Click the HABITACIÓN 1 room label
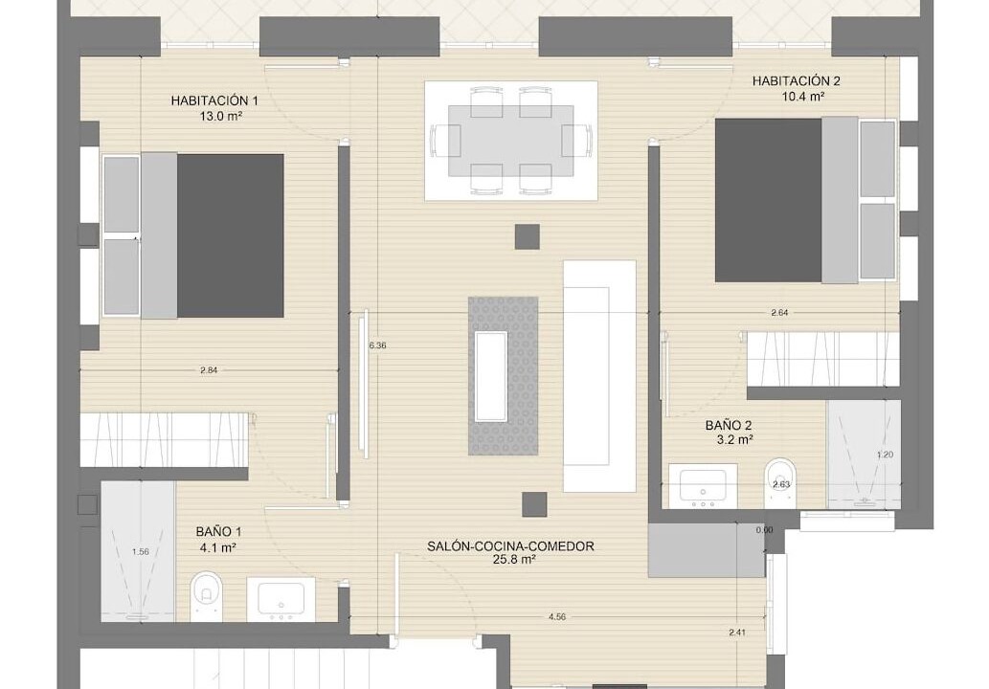[214, 100]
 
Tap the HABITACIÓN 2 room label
[796, 80]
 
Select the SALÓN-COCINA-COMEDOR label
[510, 545]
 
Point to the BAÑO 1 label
[218, 532]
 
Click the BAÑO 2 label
[729, 426]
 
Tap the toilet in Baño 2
[781, 483]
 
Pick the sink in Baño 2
[703, 486]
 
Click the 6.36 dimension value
[377, 345]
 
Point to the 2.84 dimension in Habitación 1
[209, 370]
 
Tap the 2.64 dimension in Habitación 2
[779, 312]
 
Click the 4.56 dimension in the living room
[557, 617]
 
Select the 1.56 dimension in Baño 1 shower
[140, 551]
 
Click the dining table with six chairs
[511, 142]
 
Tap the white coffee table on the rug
[491, 376]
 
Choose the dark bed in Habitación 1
[230, 235]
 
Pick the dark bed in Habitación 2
[768, 200]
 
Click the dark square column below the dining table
[527, 236]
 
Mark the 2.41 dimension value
[736, 633]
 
